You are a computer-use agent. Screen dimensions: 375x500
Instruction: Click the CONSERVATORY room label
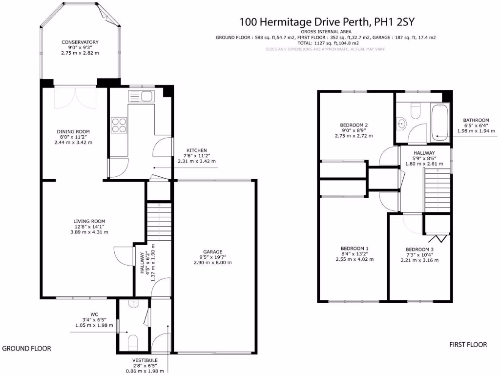click(x=80, y=42)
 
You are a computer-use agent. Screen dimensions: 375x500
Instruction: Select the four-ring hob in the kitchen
click(x=120, y=125)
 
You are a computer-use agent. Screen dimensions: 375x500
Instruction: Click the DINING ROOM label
click(x=73, y=132)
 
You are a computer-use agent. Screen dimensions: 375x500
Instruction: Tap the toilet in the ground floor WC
click(x=133, y=341)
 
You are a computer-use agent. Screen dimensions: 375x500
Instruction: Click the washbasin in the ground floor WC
click(x=133, y=304)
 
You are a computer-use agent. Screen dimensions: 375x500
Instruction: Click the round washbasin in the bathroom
click(x=401, y=123)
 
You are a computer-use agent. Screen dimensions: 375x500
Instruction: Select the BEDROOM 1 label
click(x=354, y=249)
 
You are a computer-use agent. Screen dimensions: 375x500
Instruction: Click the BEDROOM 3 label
click(x=419, y=249)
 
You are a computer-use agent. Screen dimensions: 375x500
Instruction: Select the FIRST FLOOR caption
click(x=468, y=345)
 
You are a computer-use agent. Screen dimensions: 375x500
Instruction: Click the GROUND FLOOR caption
click(x=27, y=349)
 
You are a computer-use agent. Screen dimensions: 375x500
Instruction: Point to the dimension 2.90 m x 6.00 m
click(x=212, y=263)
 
